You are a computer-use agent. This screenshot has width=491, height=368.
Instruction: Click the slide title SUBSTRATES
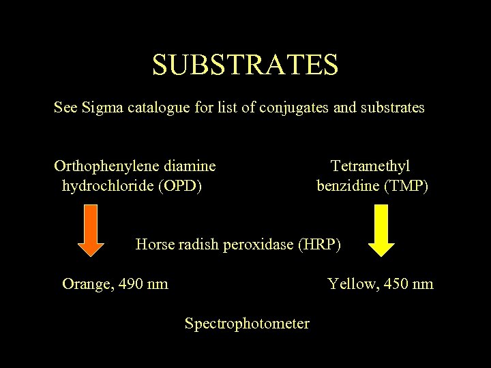[x=245, y=65]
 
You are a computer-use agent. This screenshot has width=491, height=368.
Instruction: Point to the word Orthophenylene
[x=110, y=166]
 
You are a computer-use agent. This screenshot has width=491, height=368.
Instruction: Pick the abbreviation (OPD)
[x=179, y=185]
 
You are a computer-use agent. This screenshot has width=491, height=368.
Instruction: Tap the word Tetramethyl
[x=371, y=166]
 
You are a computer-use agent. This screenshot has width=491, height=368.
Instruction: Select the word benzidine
[x=347, y=185]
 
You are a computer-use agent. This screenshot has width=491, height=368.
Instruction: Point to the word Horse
[x=154, y=244]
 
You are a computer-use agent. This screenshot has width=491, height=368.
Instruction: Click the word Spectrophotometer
[x=247, y=323]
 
